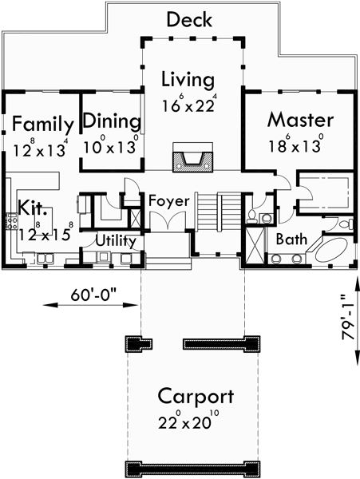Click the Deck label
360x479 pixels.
click(x=188, y=19)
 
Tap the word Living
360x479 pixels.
click(x=188, y=80)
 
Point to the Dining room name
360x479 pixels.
click(x=113, y=122)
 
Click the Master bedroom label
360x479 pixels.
click(x=299, y=121)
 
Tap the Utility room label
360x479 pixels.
click(x=116, y=240)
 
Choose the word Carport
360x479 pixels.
click(x=196, y=396)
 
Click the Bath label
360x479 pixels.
click(x=292, y=239)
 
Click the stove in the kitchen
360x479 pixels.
click(x=12, y=220)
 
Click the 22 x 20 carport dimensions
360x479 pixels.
click(x=196, y=420)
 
